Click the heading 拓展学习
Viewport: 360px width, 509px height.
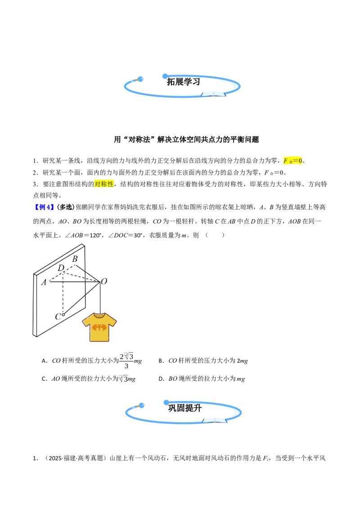[x=183, y=81]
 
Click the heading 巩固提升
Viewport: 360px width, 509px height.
[x=184, y=408]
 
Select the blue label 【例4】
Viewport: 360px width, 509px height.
[x=44, y=207]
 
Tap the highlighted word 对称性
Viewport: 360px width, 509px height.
[x=104, y=184]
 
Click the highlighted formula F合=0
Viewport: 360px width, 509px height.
[x=293, y=161]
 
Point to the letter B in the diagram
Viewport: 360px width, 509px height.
[x=75, y=259]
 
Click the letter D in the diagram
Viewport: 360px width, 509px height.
[x=61, y=268]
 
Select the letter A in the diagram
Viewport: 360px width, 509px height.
[x=44, y=282]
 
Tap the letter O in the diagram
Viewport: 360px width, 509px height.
[x=104, y=281]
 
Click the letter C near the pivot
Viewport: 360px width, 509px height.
[x=58, y=317]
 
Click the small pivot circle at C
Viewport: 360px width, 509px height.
[x=63, y=315]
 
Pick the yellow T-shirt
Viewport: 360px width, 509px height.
[x=99, y=327]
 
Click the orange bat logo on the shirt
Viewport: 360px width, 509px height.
[x=99, y=327]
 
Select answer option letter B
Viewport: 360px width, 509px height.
[x=161, y=361]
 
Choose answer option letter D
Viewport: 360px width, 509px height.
[x=161, y=379]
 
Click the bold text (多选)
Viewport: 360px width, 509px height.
[x=66, y=207]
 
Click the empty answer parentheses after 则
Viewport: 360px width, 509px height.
[x=215, y=235]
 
